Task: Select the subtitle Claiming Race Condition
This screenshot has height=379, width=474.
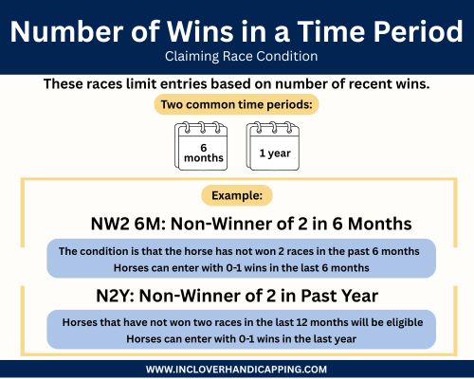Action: pos(236,57)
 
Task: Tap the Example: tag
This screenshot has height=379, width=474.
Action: pos(237,197)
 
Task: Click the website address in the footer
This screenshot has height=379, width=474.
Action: pos(237,369)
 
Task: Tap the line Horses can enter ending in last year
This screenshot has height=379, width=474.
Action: pos(237,337)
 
